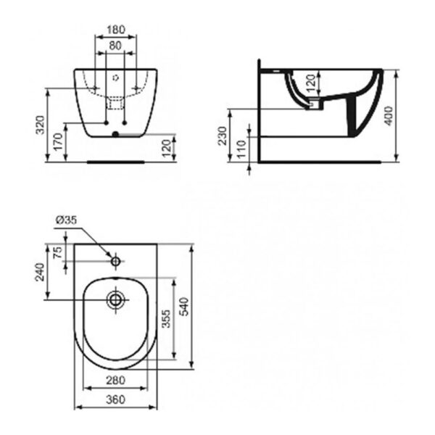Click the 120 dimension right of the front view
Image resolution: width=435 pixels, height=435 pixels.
167,149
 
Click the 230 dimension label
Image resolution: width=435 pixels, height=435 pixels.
224,136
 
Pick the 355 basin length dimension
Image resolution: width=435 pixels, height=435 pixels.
166,320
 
